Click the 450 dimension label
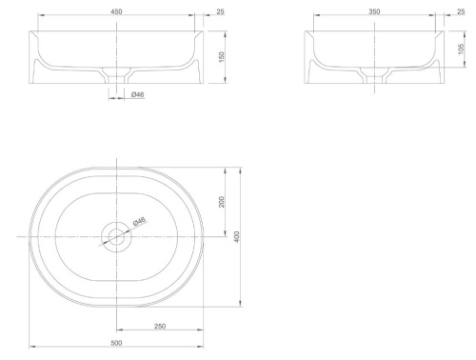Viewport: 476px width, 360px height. [x=116, y=11]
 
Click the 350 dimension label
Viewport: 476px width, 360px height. [x=374, y=11]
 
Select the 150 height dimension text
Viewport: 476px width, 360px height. [x=222, y=57]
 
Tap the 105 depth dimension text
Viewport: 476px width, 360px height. [x=461, y=49]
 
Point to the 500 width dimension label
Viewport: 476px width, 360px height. [x=116, y=343]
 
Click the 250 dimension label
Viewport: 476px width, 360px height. [x=160, y=326]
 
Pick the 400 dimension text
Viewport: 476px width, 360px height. [x=237, y=237]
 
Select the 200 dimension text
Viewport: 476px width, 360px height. [x=222, y=202]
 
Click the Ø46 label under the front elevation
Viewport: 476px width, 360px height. [x=137, y=94]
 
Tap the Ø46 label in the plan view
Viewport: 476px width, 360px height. [x=139, y=221]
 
